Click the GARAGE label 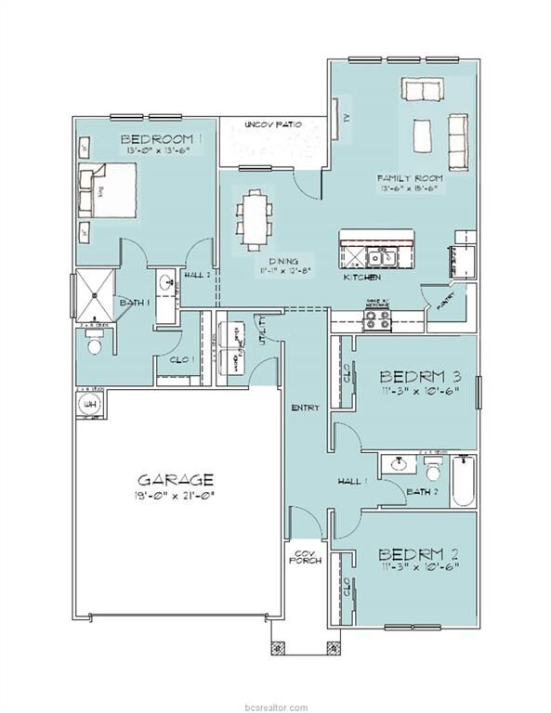click(176, 480)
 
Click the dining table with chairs click(253, 219)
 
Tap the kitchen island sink click(379, 256)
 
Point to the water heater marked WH click(91, 406)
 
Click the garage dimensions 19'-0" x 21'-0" click(176, 497)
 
